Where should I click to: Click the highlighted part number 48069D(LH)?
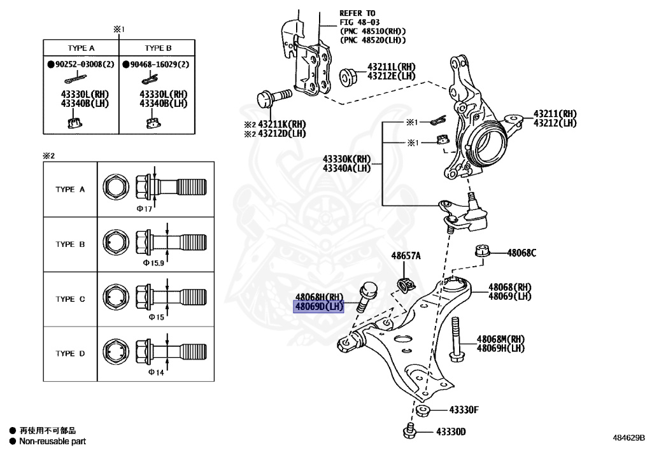(x=318, y=307)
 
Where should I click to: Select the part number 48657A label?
(x=406, y=256)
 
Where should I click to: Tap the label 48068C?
(x=521, y=253)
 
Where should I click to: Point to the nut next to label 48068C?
(x=482, y=251)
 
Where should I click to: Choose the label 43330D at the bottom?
(x=451, y=432)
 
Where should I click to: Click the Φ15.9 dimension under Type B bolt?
(x=153, y=262)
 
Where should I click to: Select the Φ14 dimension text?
(x=156, y=372)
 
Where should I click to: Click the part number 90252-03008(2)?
(x=80, y=64)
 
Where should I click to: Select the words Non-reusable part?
(x=52, y=441)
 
